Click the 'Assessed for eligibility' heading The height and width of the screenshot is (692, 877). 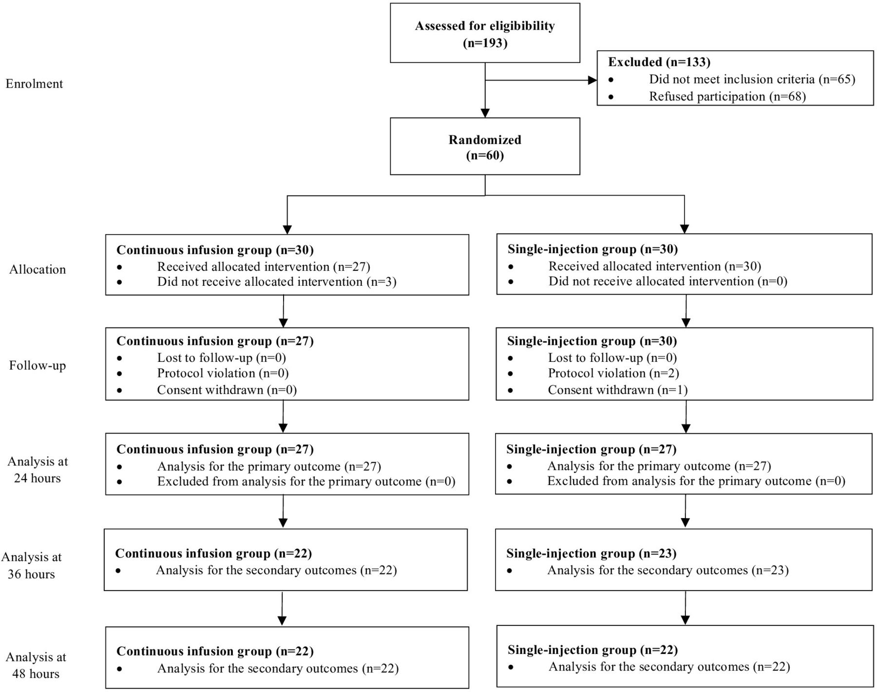click(485, 26)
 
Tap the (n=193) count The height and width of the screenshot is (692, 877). click(485, 43)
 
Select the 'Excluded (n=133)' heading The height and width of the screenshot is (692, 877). click(659, 62)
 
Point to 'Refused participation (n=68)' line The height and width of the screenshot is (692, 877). click(727, 96)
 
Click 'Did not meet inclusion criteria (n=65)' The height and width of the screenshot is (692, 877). click(752, 79)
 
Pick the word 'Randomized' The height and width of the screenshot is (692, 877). click(485, 140)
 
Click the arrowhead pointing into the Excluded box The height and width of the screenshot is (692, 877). click(592, 80)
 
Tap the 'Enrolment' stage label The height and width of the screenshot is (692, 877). click(34, 84)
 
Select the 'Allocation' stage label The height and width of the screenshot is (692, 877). click(38, 269)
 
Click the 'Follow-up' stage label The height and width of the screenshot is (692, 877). click(38, 366)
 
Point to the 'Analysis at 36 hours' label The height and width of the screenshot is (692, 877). click(31, 565)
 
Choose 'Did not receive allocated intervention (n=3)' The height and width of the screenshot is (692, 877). click(277, 282)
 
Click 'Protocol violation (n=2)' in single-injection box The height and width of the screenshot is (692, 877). click(613, 374)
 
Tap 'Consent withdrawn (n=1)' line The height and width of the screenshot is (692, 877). click(618, 390)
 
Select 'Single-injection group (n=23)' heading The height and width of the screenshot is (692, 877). click(591, 554)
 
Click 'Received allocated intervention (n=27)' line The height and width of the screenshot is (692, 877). click(264, 267)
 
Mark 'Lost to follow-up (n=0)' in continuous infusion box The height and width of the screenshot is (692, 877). click(222, 358)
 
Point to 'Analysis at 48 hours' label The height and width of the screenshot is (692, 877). click(36, 665)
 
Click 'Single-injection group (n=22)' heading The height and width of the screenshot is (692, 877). click(593, 650)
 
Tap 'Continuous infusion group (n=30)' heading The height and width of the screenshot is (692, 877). click(215, 250)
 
